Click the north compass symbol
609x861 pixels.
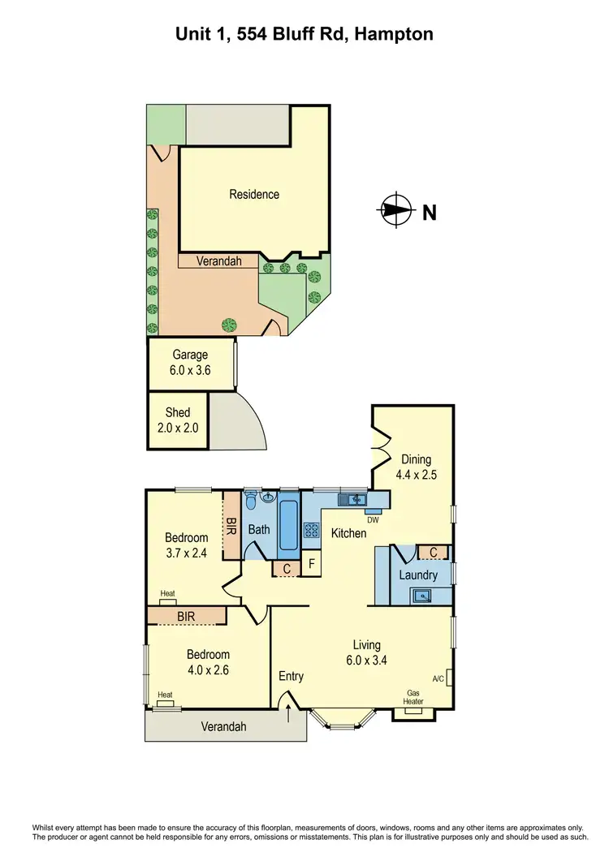pos(395,211)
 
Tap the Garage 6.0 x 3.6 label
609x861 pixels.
pos(190,362)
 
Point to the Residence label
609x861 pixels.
pos(254,194)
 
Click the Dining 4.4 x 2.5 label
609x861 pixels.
pos(415,467)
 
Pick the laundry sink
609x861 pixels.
pos(421,596)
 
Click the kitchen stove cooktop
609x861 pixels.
pos(312,531)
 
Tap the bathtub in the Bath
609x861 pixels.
pos(289,525)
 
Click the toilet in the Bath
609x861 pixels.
pos(252,497)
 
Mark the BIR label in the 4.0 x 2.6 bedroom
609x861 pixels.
pos(186,617)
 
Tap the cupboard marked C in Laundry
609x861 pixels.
pos(434,553)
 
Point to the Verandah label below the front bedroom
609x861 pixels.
pos(223,727)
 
